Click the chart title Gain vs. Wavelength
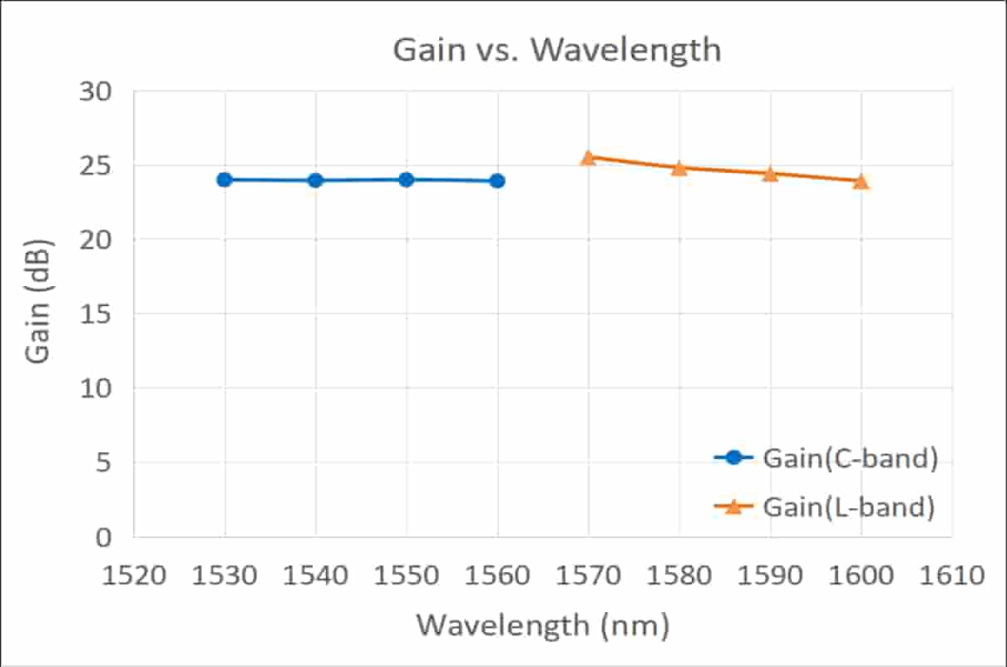556,50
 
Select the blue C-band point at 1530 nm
225,180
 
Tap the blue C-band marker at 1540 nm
315,180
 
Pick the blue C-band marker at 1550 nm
406,180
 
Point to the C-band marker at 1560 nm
497,180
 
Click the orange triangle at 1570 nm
588,157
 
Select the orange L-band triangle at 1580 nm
679,168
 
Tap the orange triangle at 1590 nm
770,174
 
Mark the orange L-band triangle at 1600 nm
861,181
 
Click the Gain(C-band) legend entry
826,458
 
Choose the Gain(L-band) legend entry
826,506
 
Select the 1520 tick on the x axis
134,575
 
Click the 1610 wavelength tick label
951,575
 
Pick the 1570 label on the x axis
588,575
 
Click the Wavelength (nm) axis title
542,625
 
